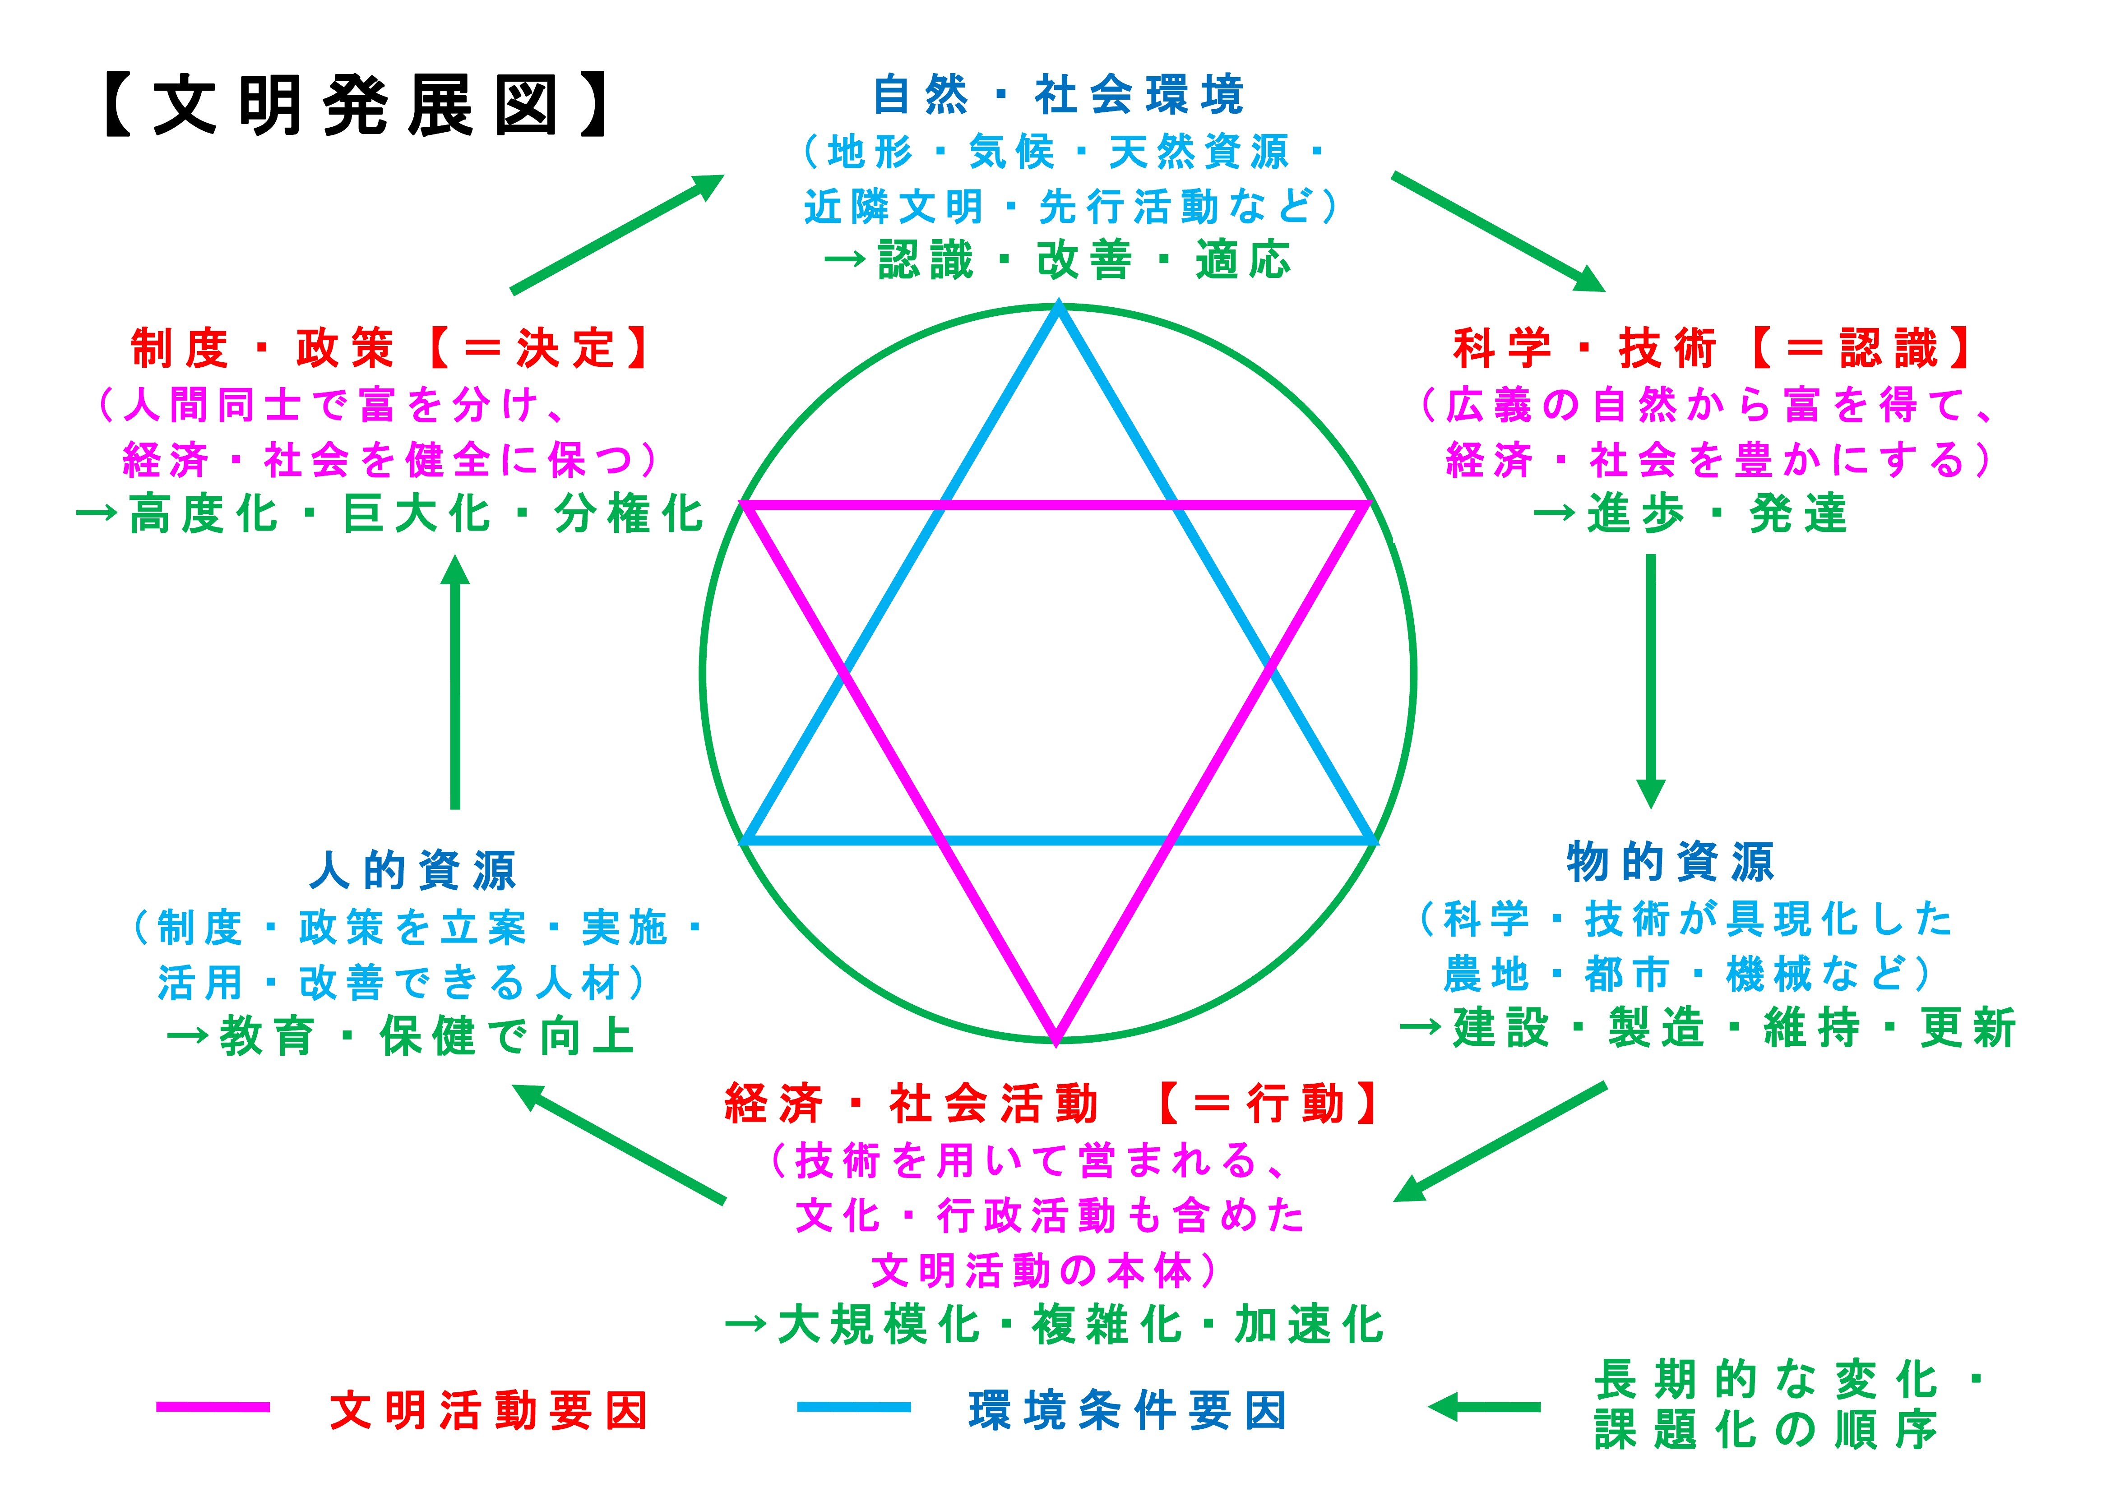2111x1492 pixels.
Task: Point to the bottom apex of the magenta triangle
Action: tap(1056, 1039)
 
